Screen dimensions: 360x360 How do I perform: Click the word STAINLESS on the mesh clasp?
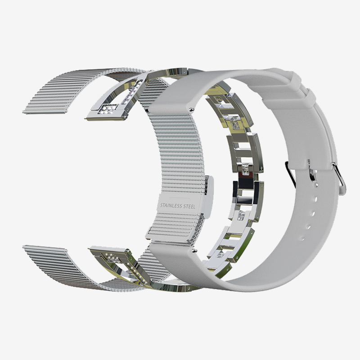tap(171, 206)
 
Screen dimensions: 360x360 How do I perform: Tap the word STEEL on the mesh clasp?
tap(189, 207)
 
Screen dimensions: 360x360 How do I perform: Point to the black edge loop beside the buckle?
tap(290, 174)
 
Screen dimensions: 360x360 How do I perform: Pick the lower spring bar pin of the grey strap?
tap(195, 251)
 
